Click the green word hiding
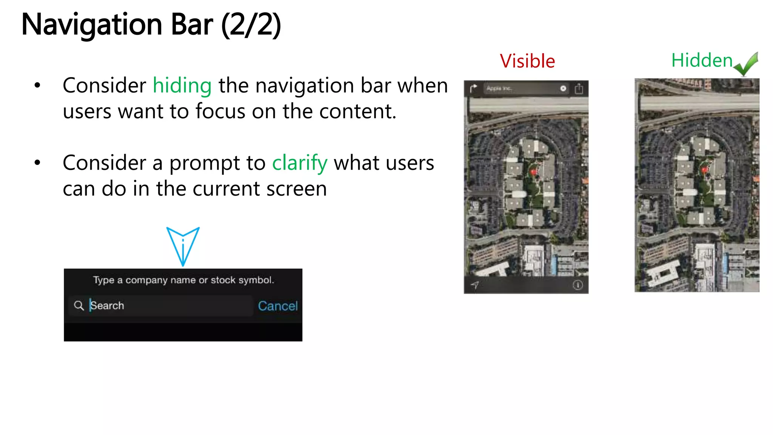tap(182, 85)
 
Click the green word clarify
tap(300, 163)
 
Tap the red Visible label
tap(527, 61)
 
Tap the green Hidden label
tap(702, 60)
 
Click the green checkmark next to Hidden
tap(746, 64)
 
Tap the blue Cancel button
tap(278, 306)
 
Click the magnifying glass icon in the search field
tap(79, 305)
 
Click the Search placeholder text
tap(107, 305)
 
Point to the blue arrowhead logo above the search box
tap(183, 246)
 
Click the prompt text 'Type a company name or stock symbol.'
tap(183, 280)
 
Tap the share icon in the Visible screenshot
tap(579, 89)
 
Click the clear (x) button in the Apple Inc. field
tap(563, 88)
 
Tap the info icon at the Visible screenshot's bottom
tap(577, 285)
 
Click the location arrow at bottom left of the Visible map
tap(475, 285)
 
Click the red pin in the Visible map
tap(533, 172)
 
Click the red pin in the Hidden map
tap(704, 170)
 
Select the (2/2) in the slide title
tap(251, 25)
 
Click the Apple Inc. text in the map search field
tap(499, 88)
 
